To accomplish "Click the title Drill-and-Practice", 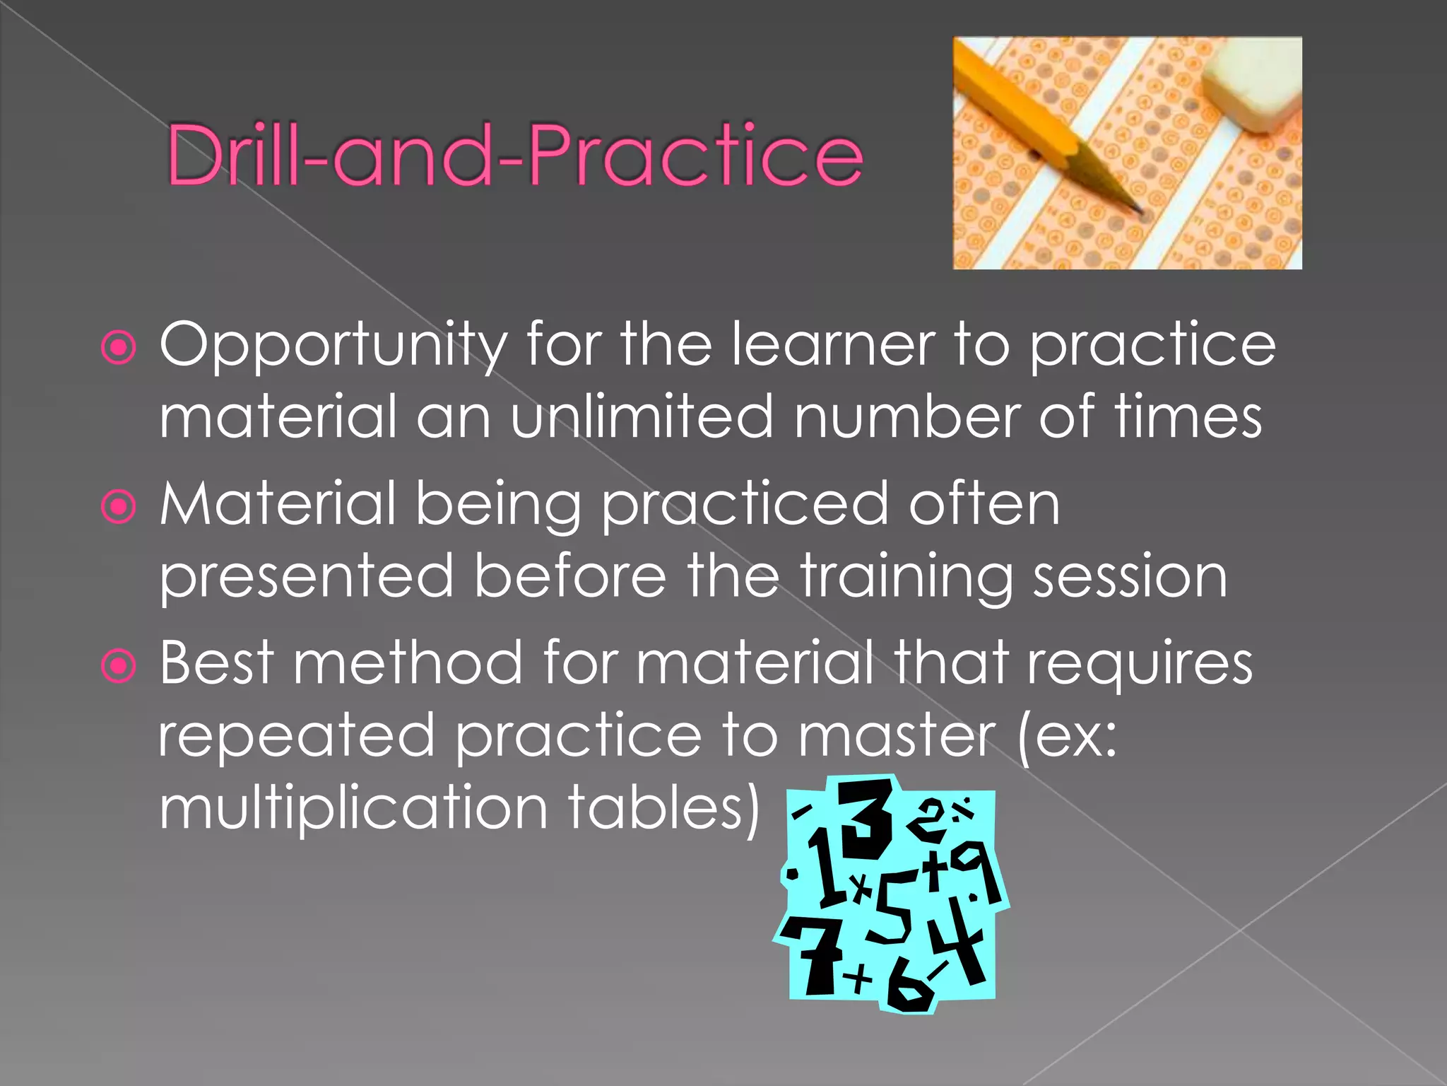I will point(514,155).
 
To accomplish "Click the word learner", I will point(833,344).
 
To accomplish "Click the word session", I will point(1130,576).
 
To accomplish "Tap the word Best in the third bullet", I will point(216,662).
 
